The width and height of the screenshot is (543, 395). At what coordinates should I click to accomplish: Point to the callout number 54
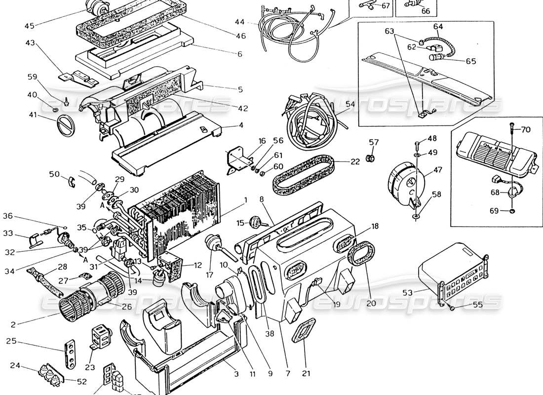[x=350, y=105]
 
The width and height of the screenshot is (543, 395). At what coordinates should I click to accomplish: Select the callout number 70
[x=526, y=130]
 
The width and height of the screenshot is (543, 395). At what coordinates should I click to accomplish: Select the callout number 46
[x=241, y=36]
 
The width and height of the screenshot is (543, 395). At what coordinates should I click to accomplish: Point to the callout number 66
[x=425, y=11]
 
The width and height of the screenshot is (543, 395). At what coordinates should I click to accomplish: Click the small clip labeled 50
[x=70, y=181]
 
